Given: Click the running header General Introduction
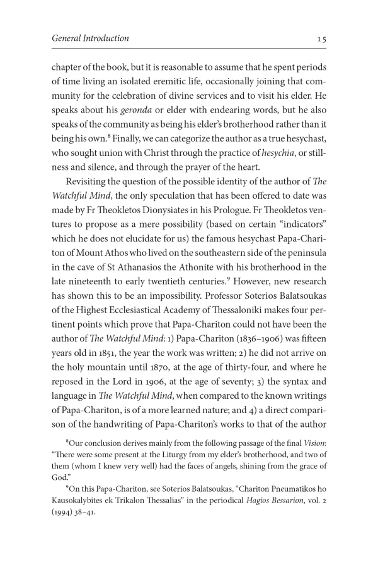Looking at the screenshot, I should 90,38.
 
